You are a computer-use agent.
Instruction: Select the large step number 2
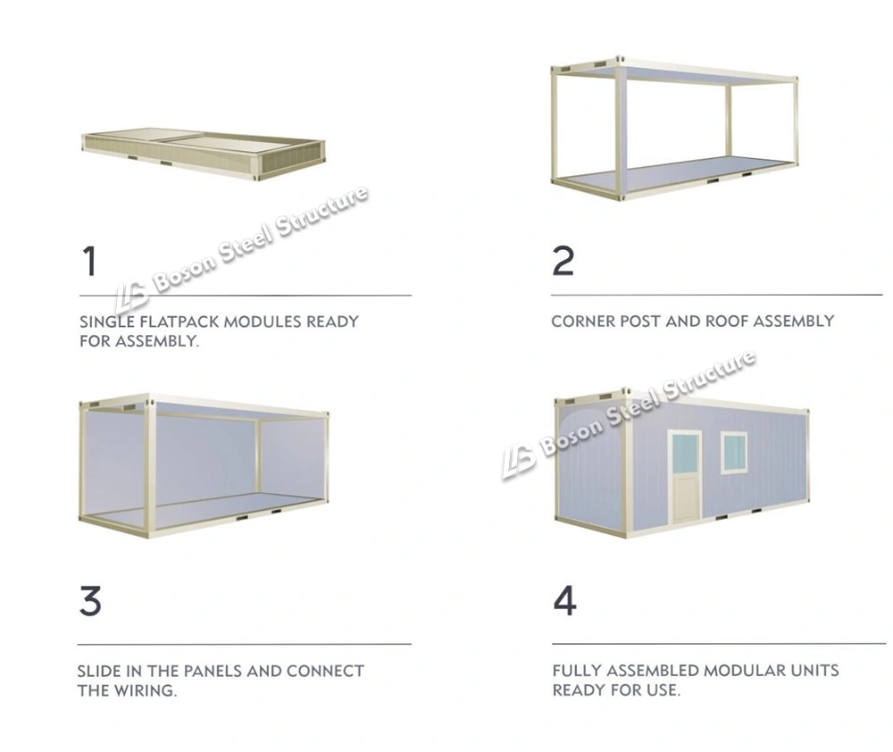[x=563, y=260]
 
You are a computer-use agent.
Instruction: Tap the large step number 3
[x=90, y=600]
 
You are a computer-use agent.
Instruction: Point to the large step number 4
[x=564, y=600]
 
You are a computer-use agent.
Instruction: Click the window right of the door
[x=734, y=452]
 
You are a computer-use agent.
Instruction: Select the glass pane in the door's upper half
[x=686, y=454]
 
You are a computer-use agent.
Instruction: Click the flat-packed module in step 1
[x=204, y=153]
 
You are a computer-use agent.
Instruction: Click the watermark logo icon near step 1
[x=130, y=294]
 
